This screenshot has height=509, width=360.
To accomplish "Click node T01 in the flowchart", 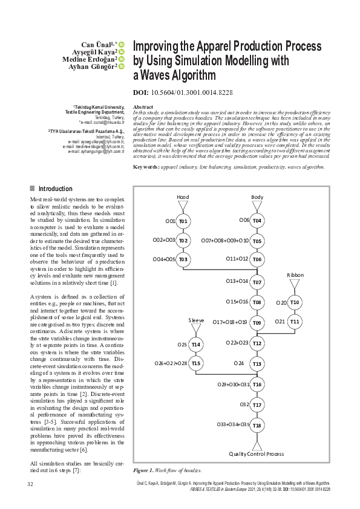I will pyautogui.click(x=183, y=221).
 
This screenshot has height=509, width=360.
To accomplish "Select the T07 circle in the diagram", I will pyautogui.click(x=257, y=282).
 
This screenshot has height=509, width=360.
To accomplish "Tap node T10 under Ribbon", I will pyautogui.click(x=295, y=302).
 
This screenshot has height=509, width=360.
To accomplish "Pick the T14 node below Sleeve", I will pyautogui.click(x=196, y=344).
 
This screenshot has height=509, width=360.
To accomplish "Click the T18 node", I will pyautogui.click(x=257, y=425).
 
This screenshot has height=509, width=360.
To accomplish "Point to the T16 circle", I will pyautogui.click(x=257, y=384).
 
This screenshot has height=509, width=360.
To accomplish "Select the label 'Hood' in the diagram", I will pyautogui.click(x=183, y=197).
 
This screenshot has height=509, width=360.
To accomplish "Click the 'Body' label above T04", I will pyautogui.click(x=257, y=197).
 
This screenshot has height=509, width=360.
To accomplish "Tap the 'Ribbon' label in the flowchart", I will pyautogui.click(x=295, y=275).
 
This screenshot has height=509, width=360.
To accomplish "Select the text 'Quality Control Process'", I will pyautogui.click(x=257, y=454).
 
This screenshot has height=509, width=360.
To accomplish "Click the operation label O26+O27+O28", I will pyautogui.click(x=171, y=364).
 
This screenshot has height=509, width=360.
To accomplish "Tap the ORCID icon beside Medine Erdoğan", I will pyautogui.click(x=122, y=59).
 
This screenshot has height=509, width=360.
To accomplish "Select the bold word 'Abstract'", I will pyautogui.click(x=143, y=107).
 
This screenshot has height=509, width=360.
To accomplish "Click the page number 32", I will pyautogui.click(x=30, y=484).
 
